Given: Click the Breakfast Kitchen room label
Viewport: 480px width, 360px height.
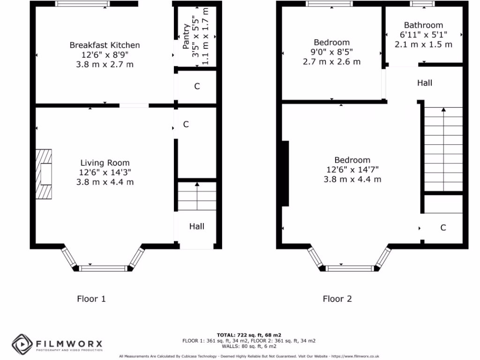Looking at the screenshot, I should click(x=105, y=45).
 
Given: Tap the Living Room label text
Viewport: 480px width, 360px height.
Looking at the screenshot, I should click(x=105, y=163).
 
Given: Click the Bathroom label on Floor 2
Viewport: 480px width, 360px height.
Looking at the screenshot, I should click(x=423, y=25).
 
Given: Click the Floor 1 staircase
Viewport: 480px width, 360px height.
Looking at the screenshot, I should click(x=197, y=196).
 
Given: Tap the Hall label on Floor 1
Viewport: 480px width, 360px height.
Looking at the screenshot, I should click(x=197, y=226).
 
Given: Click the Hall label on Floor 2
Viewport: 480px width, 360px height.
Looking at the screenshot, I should click(x=425, y=83).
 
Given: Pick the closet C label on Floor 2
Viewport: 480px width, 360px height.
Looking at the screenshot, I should click(x=443, y=228).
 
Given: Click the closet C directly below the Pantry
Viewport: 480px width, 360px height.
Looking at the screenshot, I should click(x=197, y=86).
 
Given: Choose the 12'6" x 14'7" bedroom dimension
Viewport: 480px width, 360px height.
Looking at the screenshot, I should click(x=352, y=170).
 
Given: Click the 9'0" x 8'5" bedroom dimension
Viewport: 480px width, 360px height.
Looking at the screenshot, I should click(x=331, y=52).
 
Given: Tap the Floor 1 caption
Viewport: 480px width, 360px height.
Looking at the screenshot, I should click(x=91, y=299).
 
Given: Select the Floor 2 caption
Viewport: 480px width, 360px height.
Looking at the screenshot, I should click(x=337, y=299).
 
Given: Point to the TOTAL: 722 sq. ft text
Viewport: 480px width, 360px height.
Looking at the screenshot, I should click(x=249, y=335).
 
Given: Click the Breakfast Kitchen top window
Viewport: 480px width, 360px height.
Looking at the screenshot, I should click(x=82, y=4).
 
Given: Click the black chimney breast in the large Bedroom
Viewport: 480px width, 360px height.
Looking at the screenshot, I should click(x=284, y=173).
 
